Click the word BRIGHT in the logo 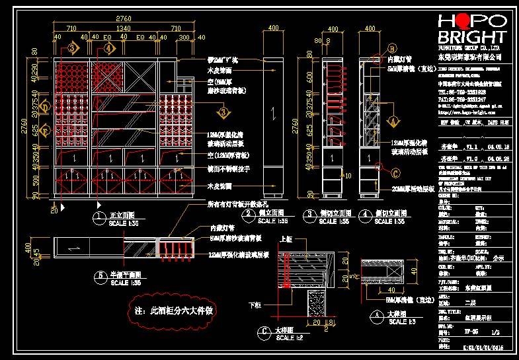click(473, 37)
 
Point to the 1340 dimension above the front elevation click(124, 28)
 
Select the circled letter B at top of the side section click(391, 48)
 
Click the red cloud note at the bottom click(173, 309)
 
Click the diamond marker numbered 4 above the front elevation click(107, 48)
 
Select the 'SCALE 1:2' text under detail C click(288, 337)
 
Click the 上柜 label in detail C click(286, 240)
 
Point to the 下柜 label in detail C click(255, 305)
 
